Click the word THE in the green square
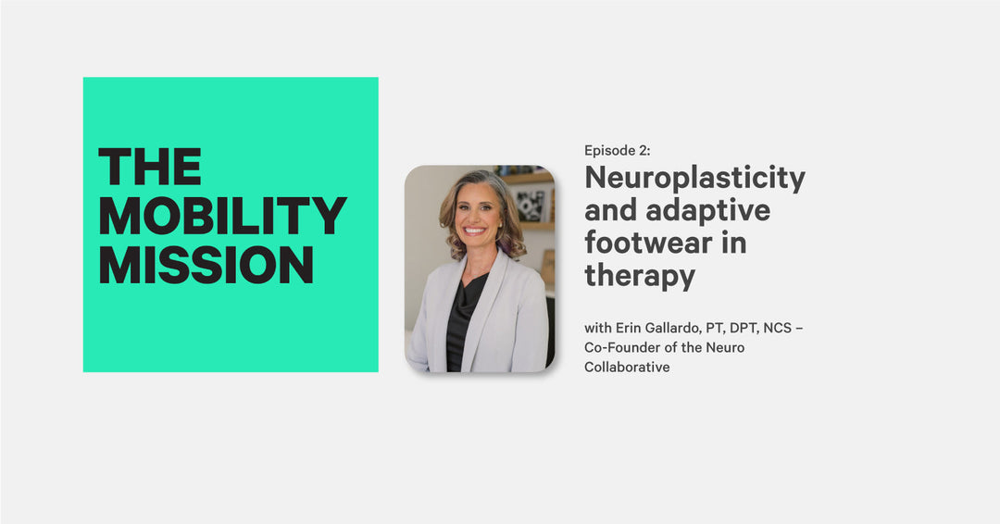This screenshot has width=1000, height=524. click(150, 168)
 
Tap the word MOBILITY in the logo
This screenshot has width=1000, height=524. click(222, 216)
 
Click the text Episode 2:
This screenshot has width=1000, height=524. click(617, 151)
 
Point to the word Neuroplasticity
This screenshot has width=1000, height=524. click(694, 178)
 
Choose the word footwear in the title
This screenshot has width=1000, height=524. click(665, 243)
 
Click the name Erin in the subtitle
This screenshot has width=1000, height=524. click(625, 328)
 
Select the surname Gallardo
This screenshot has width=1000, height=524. click(676, 328)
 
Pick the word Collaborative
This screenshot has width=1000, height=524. click(626, 367)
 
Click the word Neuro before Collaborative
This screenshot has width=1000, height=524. click(726, 347)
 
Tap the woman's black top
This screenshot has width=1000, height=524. click(463, 324)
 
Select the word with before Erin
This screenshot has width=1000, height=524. click(596, 328)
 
